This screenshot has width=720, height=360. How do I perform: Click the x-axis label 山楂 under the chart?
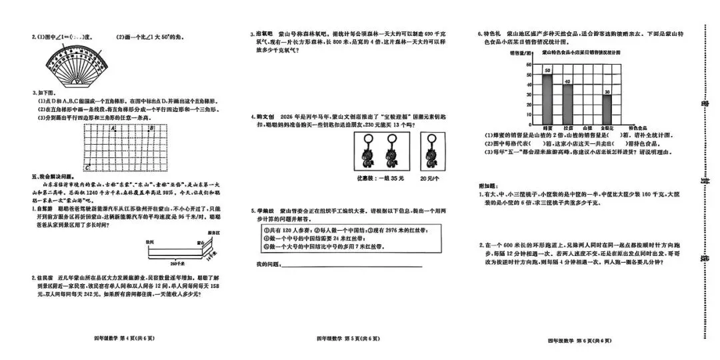[587, 127]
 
